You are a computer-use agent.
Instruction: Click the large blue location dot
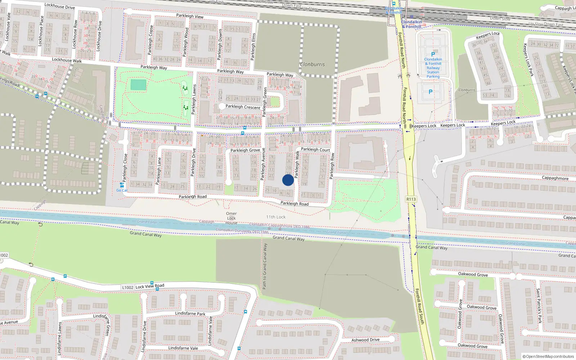click(288, 180)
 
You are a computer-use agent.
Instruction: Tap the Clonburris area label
click(312, 64)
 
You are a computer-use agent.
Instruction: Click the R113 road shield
click(411, 199)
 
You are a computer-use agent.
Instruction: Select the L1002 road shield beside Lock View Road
click(128, 287)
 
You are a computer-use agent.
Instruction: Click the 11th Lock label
click(276, 217)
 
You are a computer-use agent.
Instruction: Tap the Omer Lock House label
click(231, 218)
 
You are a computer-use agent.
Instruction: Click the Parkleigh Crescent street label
click(243, 107)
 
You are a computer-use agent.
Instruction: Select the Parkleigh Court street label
click(315, 149)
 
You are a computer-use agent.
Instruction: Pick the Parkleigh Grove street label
click(245, 150)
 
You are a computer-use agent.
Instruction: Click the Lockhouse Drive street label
click(59, 6)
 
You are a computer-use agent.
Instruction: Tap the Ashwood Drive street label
click(365, 340)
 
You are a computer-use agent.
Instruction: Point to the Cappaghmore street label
click(555, 178)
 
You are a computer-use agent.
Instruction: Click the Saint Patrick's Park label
click(539, 306)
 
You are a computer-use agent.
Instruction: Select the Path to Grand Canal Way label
click(265, 266)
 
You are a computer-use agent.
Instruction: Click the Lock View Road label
click(150, 287)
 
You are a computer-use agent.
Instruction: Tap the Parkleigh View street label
click(190, 16)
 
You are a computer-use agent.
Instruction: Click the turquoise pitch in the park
click(138, 85)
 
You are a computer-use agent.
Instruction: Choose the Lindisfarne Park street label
click(190, 313)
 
